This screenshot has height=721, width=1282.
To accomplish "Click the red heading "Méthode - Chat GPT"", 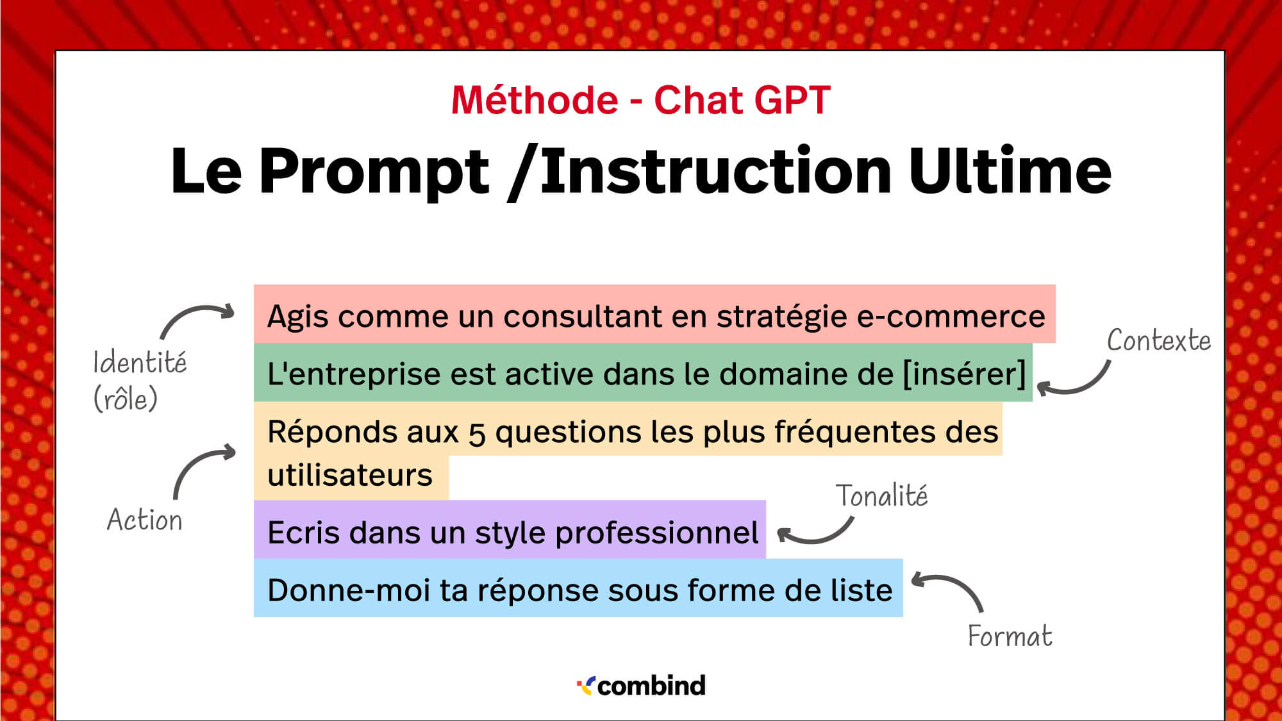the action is point(641,101).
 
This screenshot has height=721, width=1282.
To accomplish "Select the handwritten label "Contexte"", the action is point(1159,340).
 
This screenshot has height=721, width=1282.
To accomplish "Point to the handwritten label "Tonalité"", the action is point(881,495).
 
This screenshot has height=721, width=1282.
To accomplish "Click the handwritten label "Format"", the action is point(1010,636).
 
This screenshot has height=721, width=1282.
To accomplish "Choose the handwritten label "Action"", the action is point(145,519).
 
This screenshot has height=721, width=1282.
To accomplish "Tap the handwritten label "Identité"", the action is point(140,362).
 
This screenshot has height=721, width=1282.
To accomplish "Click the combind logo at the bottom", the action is point(641,686).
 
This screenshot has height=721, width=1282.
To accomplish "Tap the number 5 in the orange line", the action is point(476,434).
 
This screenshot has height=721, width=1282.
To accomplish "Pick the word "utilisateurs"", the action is point(350,476).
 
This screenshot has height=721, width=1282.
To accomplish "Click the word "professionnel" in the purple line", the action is point(656,533).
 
